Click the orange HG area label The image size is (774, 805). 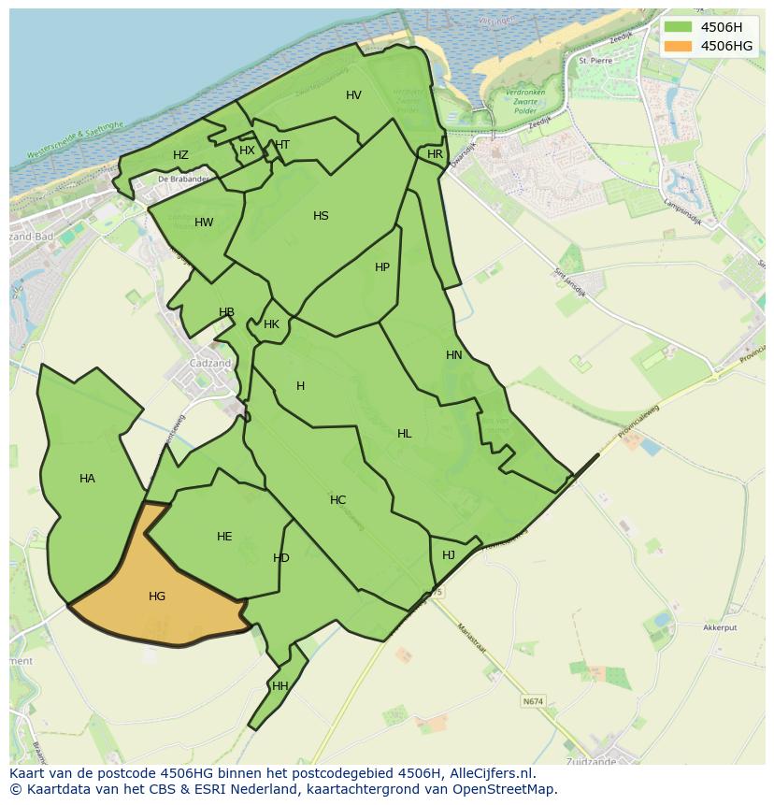(x=157, y=597)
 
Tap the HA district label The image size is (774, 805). (x=87, y=479)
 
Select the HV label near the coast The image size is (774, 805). (x=353, y=95)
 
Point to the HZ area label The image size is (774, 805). (x=180, y=155)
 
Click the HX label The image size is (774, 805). (x=247, y=151)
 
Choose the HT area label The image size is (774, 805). (x=282, y=145)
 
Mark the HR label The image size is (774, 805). (x=435, y=154)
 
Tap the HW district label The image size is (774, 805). (x=204, y=223)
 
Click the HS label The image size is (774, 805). (x=321, y=216)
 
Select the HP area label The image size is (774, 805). (x=382, y=267)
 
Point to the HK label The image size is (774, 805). (x=271, y=325)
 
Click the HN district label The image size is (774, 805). (x=454, y=355)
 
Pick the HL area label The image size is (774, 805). (x=404, y=434)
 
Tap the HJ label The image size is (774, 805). (x=449, y=555)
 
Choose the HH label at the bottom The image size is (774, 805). (x=279, y=686)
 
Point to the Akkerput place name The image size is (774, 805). (x=721, y=629)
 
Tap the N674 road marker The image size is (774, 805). (x=533, y=701)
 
